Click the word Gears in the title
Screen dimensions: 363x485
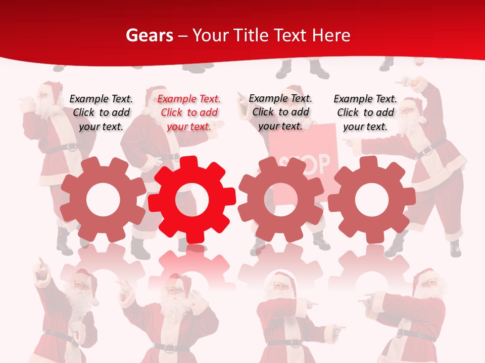(x=147, y=35)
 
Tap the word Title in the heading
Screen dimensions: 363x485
(x=250, y=35)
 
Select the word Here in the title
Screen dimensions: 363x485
(x=331, y=35)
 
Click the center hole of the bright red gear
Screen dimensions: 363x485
(x=192, y=200)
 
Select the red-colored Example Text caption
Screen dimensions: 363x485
(x=189, y=112)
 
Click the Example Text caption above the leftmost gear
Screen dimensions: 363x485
(x=101, y=112)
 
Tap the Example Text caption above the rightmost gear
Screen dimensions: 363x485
(x=365, y=112)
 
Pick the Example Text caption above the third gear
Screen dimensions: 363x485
(x=280, y=112)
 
